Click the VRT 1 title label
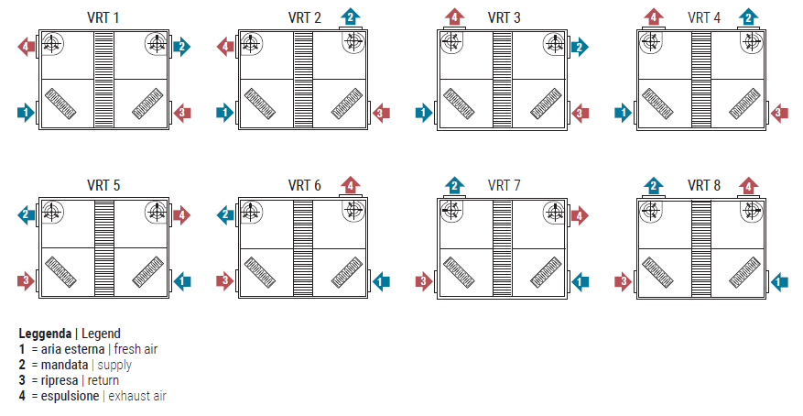pos(103,17)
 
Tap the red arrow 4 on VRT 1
pos(27,47)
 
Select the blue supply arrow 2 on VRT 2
pos(351,16)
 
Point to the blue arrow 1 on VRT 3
pos(424,112)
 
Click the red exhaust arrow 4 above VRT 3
pos(455,16)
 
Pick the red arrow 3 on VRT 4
pos(779,112)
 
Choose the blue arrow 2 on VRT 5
pos(27,214)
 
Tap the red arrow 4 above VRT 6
pos(351,185)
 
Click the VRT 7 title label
pos(504,185)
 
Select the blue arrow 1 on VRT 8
pos(779,281)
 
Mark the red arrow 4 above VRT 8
pos(749,186)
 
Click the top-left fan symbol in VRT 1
pos(52,44)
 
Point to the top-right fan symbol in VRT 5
pos(157,212)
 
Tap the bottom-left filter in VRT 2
pos(260,103)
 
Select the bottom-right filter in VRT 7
pos(546,272)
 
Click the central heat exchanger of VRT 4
pos(701,80)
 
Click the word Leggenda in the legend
pos(45,334)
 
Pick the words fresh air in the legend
pos(136,349)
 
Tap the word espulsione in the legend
pos(71,396)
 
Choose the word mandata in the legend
pos(64,365)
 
